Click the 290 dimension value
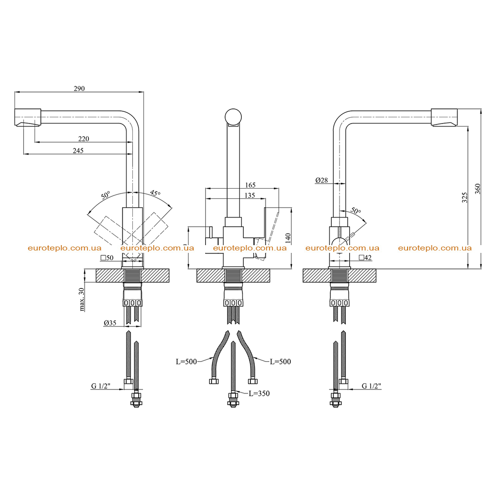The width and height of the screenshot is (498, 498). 79,89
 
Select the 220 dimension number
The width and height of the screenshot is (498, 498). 84,139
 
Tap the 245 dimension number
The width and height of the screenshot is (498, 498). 78,151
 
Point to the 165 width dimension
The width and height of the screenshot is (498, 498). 250,185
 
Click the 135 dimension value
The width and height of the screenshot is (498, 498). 249,196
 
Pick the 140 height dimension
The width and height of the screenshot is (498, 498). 288,238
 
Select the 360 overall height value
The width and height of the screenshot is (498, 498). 478,189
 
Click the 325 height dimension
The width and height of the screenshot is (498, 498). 464,197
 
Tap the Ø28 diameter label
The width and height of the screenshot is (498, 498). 321,180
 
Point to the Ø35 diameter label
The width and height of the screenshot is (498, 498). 110,323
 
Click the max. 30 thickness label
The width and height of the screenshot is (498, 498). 82,300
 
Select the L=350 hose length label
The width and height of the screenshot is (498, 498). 259,393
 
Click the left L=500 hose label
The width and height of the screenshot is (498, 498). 186,362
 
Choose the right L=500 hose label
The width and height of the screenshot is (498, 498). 281,362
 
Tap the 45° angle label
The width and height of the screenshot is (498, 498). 155,193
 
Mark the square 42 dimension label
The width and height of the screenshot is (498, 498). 365,258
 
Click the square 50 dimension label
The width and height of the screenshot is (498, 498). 107,258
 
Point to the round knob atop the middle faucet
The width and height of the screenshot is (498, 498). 233,117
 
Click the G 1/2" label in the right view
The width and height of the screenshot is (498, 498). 371,386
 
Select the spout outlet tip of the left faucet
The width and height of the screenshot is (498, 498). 28,124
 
